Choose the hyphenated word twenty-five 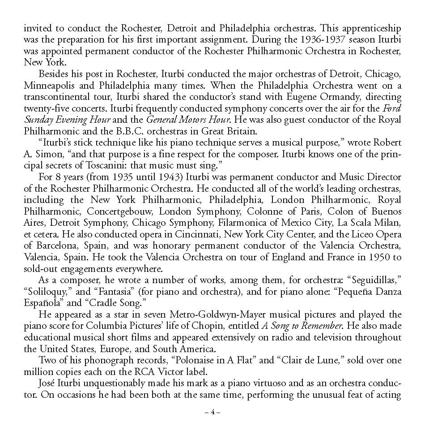click(46, 108)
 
